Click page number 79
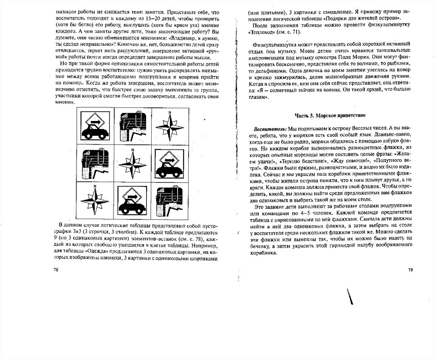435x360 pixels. point(410,270)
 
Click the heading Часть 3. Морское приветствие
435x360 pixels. point(330,115)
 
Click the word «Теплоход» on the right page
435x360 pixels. point(260,32)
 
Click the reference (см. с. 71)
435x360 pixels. point(289,32)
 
